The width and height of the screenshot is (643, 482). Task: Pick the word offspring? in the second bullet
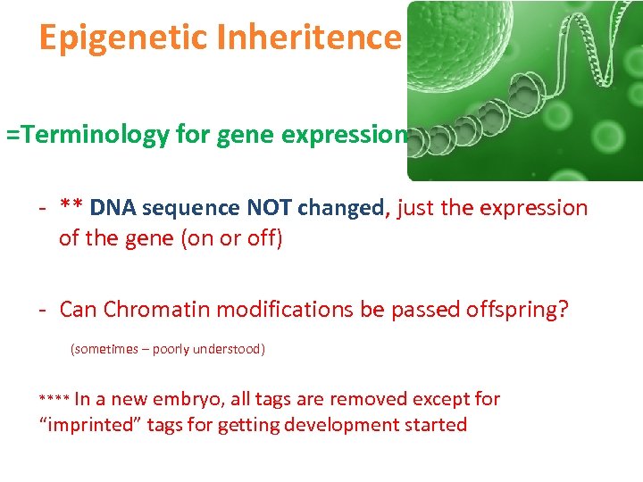[x=517, y=309]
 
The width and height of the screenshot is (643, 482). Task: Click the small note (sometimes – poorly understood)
[x=167, y=349]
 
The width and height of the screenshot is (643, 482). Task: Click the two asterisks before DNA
[x=72, y=208]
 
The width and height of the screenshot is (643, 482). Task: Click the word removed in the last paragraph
[x=347, y=399]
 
